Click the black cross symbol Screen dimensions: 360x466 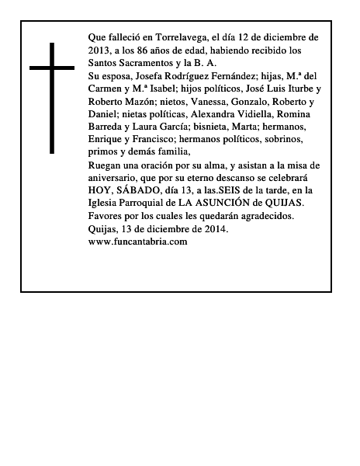pos(53,96)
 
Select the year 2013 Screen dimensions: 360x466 pos(101,50)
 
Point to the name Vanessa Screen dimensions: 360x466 pos(210,102)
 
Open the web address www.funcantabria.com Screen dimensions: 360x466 pos(139,242)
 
